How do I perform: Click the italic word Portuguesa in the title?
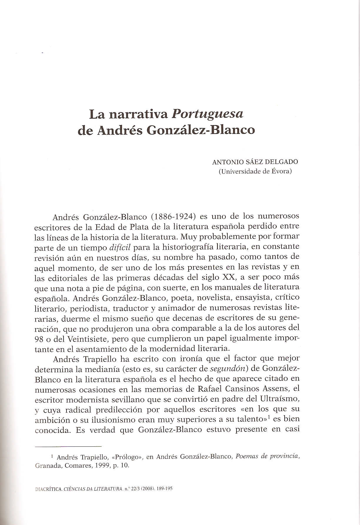[x=208, y=114]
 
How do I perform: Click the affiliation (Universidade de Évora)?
[x=255, y=171]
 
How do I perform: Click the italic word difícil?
[x=119, y=247]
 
